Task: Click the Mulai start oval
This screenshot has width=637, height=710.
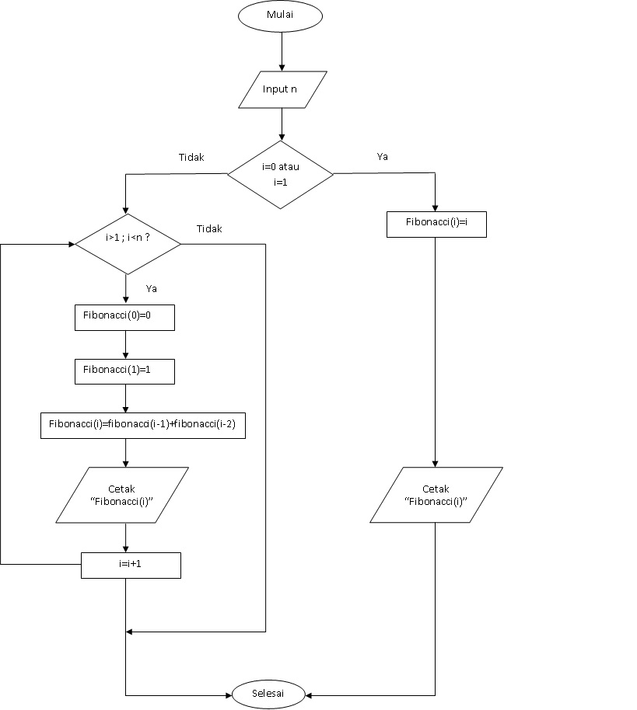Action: pyautogui.click(x=280, y=16)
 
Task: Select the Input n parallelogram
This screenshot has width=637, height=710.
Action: pyautogui.click(x=281, y=89)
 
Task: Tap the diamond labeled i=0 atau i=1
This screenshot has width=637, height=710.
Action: pyautogui.click(x=280, y=175)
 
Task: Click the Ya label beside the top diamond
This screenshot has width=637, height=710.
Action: pyautogui.click(x=383, y=156)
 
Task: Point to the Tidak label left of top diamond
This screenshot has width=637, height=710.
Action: pyautogui.click(x=191, y=157)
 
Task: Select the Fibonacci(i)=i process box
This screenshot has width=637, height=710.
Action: pyautogui.click(x=436, y=223)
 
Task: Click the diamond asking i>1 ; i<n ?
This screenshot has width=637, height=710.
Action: pyautogui.click(x=128, y=244)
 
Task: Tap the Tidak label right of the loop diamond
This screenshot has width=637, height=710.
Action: pyautogui.click(x=209, y=228)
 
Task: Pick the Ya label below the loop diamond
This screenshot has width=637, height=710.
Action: pyautogui.click(x=152, y=288)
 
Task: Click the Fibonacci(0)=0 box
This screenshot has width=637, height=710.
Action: pyautogui.click(x=124, y=318)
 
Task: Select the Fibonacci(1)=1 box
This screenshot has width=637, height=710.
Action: pyautogui.click(x=124, y=371)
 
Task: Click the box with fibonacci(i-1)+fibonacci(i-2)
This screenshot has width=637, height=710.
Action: pyautogui.click(x=143, y=425)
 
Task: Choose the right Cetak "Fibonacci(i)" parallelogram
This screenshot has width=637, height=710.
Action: pyautogui.click(x=436, y=495)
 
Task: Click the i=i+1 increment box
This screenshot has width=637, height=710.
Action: pyautogui.click(x=131, y=565)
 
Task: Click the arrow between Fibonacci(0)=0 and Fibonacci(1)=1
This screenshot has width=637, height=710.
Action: pyautogui.click(x=125, y=345)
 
